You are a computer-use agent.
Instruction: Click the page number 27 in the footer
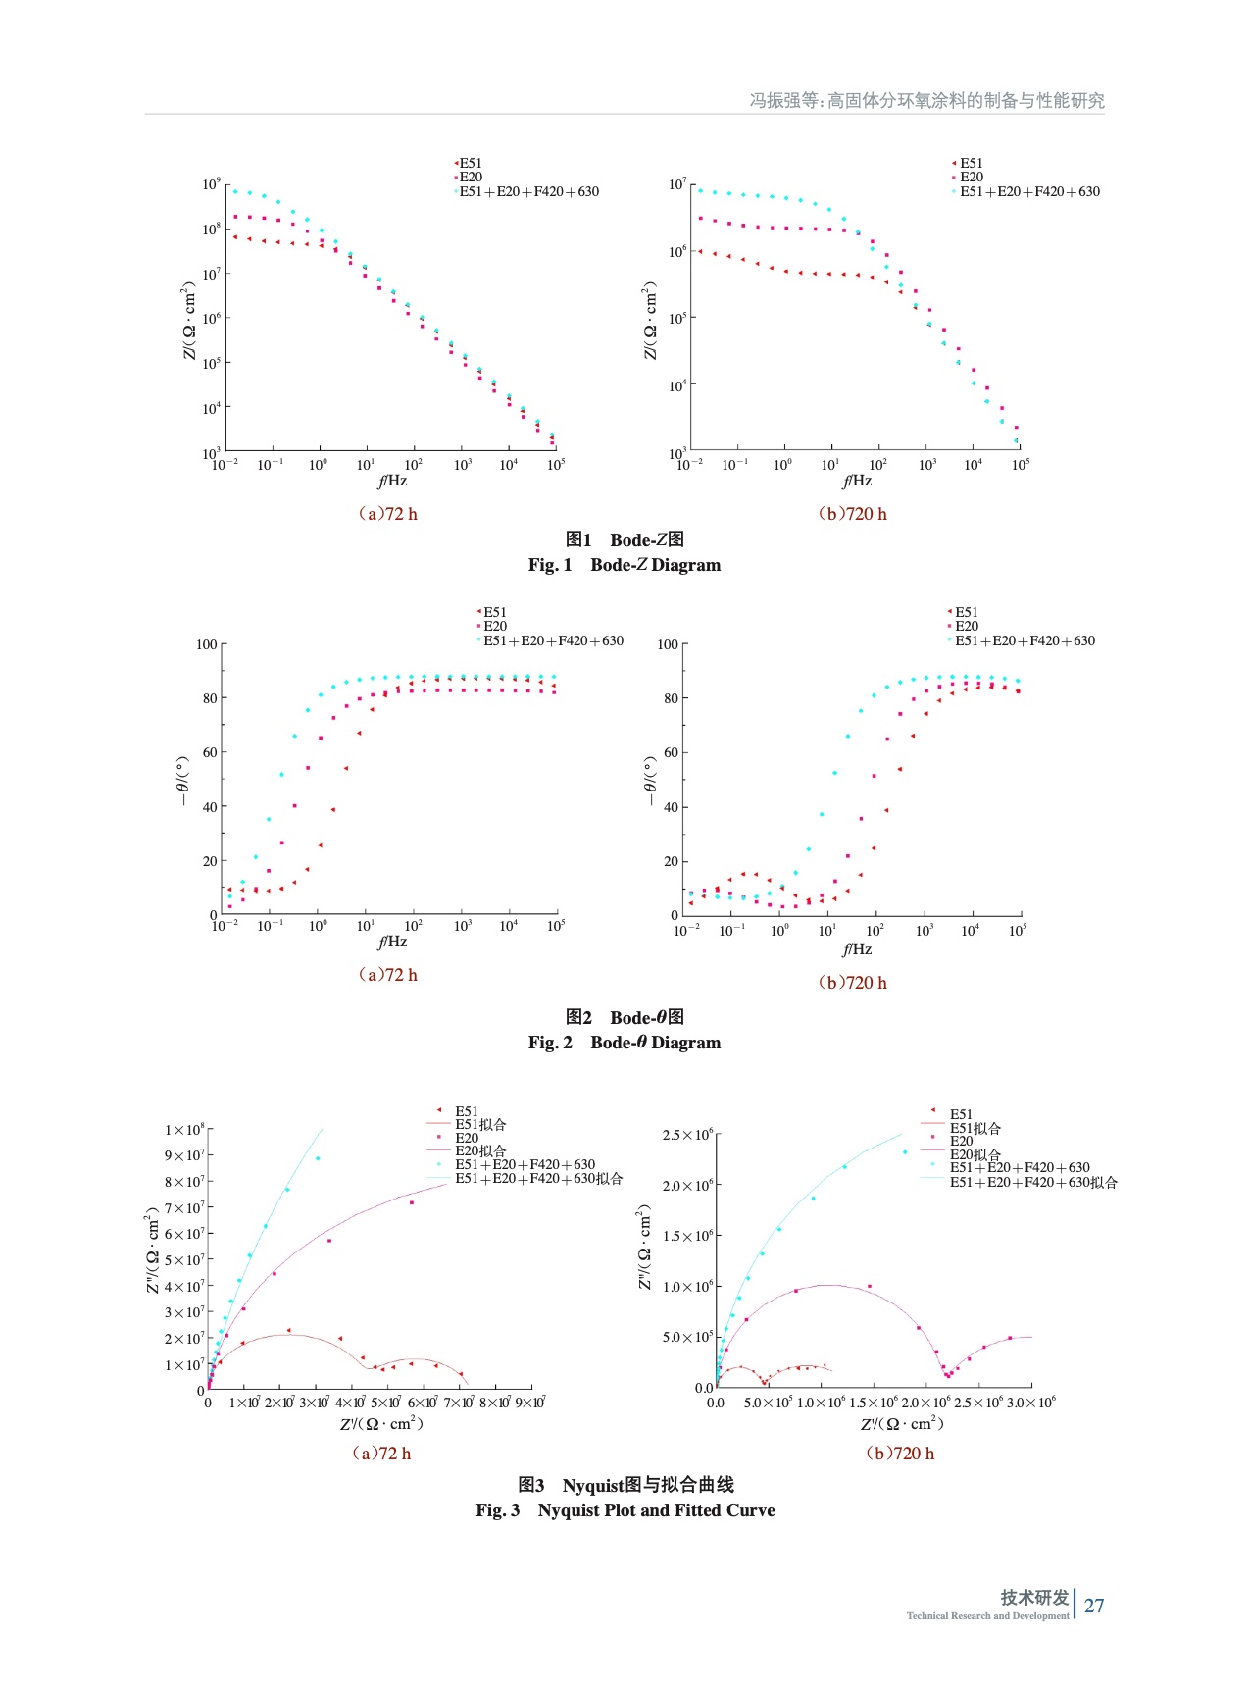[x=1094, y=1606]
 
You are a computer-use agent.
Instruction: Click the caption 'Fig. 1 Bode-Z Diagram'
[x=624, y=565]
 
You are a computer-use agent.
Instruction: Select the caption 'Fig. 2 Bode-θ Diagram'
[x=624, y=1043]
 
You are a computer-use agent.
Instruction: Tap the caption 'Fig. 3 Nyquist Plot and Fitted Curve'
[x=625, y=1510]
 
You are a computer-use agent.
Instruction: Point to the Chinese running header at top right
[x=926, y=100]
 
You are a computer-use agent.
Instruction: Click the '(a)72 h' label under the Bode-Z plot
[x=387, y=514]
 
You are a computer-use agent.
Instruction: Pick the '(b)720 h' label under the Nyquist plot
[x=899, y=1454]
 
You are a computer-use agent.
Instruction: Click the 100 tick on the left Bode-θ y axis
[x=206, y=644]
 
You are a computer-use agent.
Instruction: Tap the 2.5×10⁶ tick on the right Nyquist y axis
[x=687, y=1135]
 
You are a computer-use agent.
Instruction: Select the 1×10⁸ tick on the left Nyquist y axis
[x=184, y=1130]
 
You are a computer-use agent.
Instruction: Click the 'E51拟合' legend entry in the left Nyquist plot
[x=480, y=1125]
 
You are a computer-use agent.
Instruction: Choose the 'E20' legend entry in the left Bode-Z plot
[x=471, y=178]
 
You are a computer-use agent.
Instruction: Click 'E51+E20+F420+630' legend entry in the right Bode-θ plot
[x=1025, y=640]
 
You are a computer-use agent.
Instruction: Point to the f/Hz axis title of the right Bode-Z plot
[x=857, y=481]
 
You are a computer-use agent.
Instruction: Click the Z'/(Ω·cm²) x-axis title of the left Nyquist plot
[x=381, y=1424]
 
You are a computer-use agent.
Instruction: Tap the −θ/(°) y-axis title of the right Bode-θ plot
[x=649, y=782]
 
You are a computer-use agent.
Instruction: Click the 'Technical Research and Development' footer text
[x=987, y=1616]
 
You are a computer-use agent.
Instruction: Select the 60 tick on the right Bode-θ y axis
[x=671, y=752]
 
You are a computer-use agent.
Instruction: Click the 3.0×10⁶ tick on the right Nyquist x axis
[x=1030, y=1403]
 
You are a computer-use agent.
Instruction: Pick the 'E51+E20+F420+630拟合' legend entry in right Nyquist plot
[x=1032, y=1183]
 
